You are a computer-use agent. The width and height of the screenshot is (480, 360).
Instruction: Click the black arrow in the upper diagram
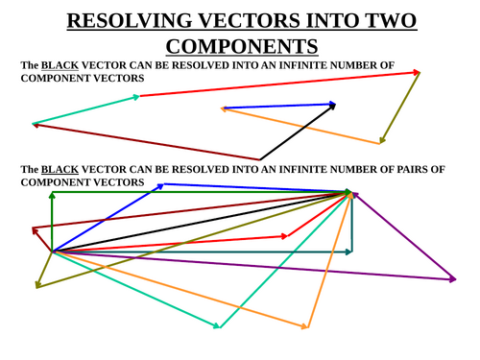[298, 132]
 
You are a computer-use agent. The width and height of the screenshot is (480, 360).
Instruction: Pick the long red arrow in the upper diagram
[278, 84]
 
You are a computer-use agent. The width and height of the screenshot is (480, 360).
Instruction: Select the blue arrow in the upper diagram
[278, 106]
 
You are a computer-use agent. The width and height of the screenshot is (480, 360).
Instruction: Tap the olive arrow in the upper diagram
[400, 108]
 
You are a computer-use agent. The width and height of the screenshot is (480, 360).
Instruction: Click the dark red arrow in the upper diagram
[144, 141]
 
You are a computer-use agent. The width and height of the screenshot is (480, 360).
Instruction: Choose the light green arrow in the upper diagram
[86, 109]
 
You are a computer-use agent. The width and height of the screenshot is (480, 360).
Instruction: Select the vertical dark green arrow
[52, 221]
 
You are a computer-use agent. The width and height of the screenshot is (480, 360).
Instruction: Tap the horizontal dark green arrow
[202, 193]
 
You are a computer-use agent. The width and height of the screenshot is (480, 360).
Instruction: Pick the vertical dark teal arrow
[352, 223]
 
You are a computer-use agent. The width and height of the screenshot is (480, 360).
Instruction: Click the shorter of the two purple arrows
[403, 235]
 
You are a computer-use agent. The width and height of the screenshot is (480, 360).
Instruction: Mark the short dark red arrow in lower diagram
[42, 240]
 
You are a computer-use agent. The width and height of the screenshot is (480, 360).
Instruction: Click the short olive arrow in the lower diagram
[44, 269]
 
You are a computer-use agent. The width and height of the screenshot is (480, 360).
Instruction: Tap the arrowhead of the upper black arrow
[333, 106]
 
